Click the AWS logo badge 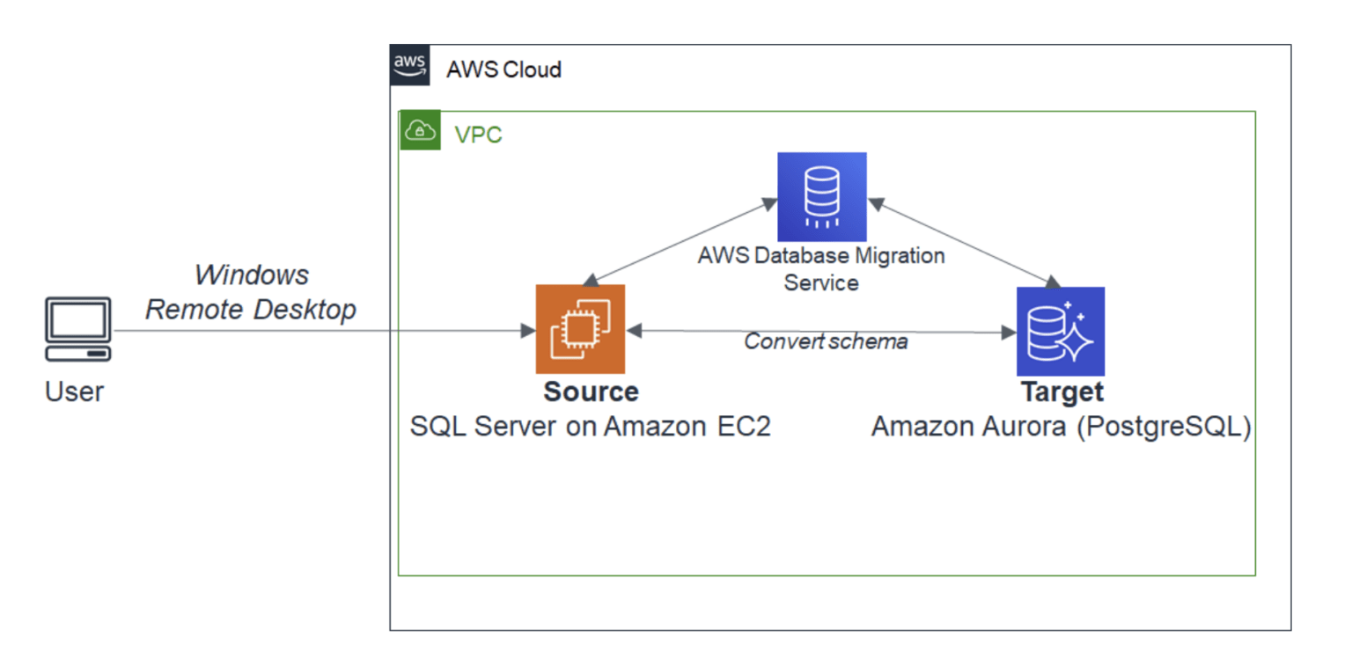[x=410, y=66]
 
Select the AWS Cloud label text [x=503, y=70]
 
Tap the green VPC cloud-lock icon [x=420, y=131]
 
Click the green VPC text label [x=478, y=136]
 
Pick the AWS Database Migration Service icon [x=821, y=196]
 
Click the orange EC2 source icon [x=580, y=329]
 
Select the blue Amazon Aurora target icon [x=1060, y=332]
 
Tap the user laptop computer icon [x=78, y=329]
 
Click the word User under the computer [x=74, y=392]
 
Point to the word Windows [x=251, y=275]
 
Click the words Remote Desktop [x=251, y=310]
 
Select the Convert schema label [x=826, y=341]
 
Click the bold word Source [x=591, y=391]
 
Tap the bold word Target [x=1062, y=391]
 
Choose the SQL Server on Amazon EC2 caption [x=590, y=427]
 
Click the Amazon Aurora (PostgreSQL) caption [x=1061, y=427]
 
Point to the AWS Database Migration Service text [x=820, y=269]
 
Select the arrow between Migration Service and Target [x=962, y=242]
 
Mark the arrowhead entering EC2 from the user [x=528, y=331]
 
